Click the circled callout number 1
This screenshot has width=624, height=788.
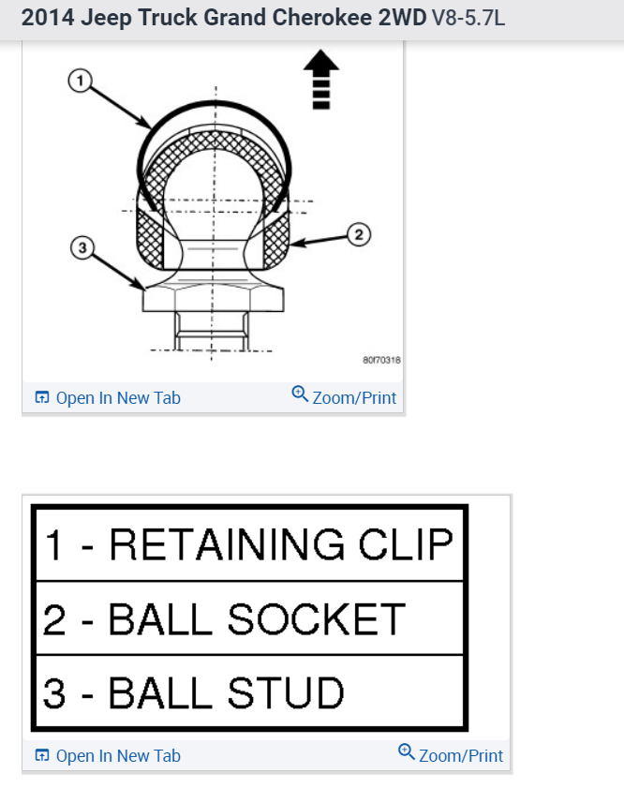click(80, 82)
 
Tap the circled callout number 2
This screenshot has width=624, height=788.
click(357, 233)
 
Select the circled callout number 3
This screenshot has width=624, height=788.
click(82, 248)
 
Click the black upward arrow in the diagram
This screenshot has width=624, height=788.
click(321, 79)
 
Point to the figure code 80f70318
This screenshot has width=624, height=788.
click(381, 360)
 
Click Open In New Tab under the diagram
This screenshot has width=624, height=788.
click(108, 397)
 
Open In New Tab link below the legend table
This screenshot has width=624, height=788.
click(108, 755)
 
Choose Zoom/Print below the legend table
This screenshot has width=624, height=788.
click(451, 755)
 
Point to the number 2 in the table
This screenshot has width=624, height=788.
click(54, 618)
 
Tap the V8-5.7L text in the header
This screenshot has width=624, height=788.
click(468, 18)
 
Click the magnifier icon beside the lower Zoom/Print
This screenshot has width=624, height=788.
click(406, 751)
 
